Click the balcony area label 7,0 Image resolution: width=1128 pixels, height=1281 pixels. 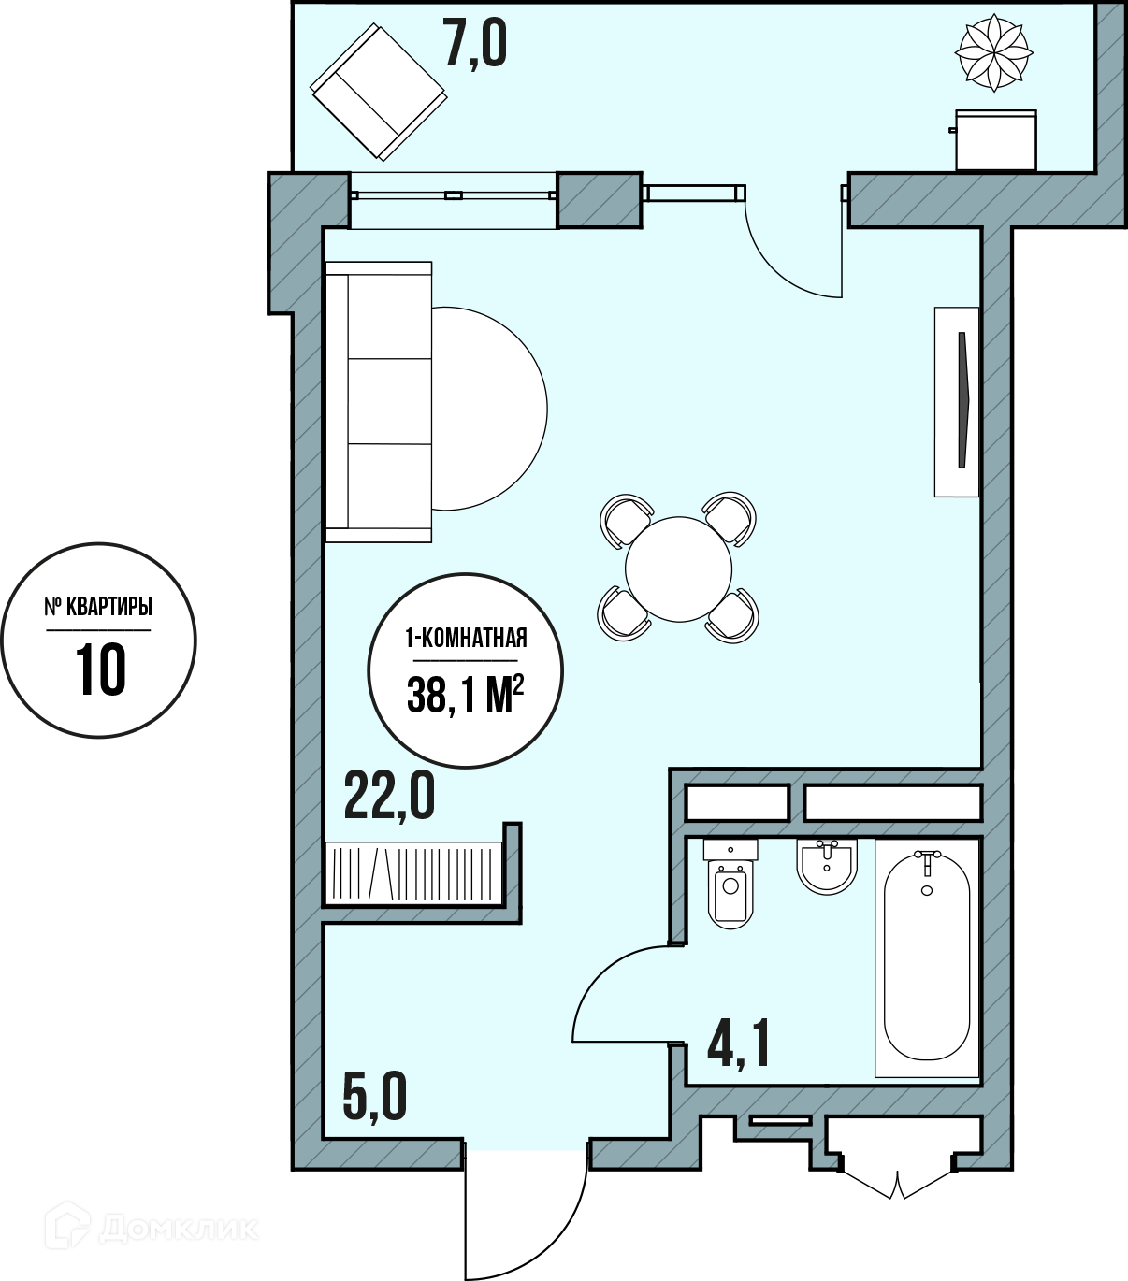pos(475,44)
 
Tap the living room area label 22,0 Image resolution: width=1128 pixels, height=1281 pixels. pos(389,798)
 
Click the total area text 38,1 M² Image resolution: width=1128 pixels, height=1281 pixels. pos(466,693)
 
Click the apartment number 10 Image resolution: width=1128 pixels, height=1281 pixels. pos(101,670)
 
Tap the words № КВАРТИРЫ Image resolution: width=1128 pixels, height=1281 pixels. pos(98,608)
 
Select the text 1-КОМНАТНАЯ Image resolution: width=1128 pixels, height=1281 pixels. pos(466,638)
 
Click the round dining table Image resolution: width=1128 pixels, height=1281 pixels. pos(679,569)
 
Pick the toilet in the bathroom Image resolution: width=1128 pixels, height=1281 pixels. pos(730,883)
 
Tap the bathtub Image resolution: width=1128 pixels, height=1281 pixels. pos(927,957)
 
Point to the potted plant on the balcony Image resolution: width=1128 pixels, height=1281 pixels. pos(994,52)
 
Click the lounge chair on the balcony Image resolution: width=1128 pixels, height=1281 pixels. pos(379,92)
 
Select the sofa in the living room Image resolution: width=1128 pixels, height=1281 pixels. pos(378,402)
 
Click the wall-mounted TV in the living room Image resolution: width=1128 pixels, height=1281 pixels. pos(957,402)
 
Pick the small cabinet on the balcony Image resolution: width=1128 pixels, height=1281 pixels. pos(995,139)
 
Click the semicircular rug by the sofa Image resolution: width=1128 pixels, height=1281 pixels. pos(489,409)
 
